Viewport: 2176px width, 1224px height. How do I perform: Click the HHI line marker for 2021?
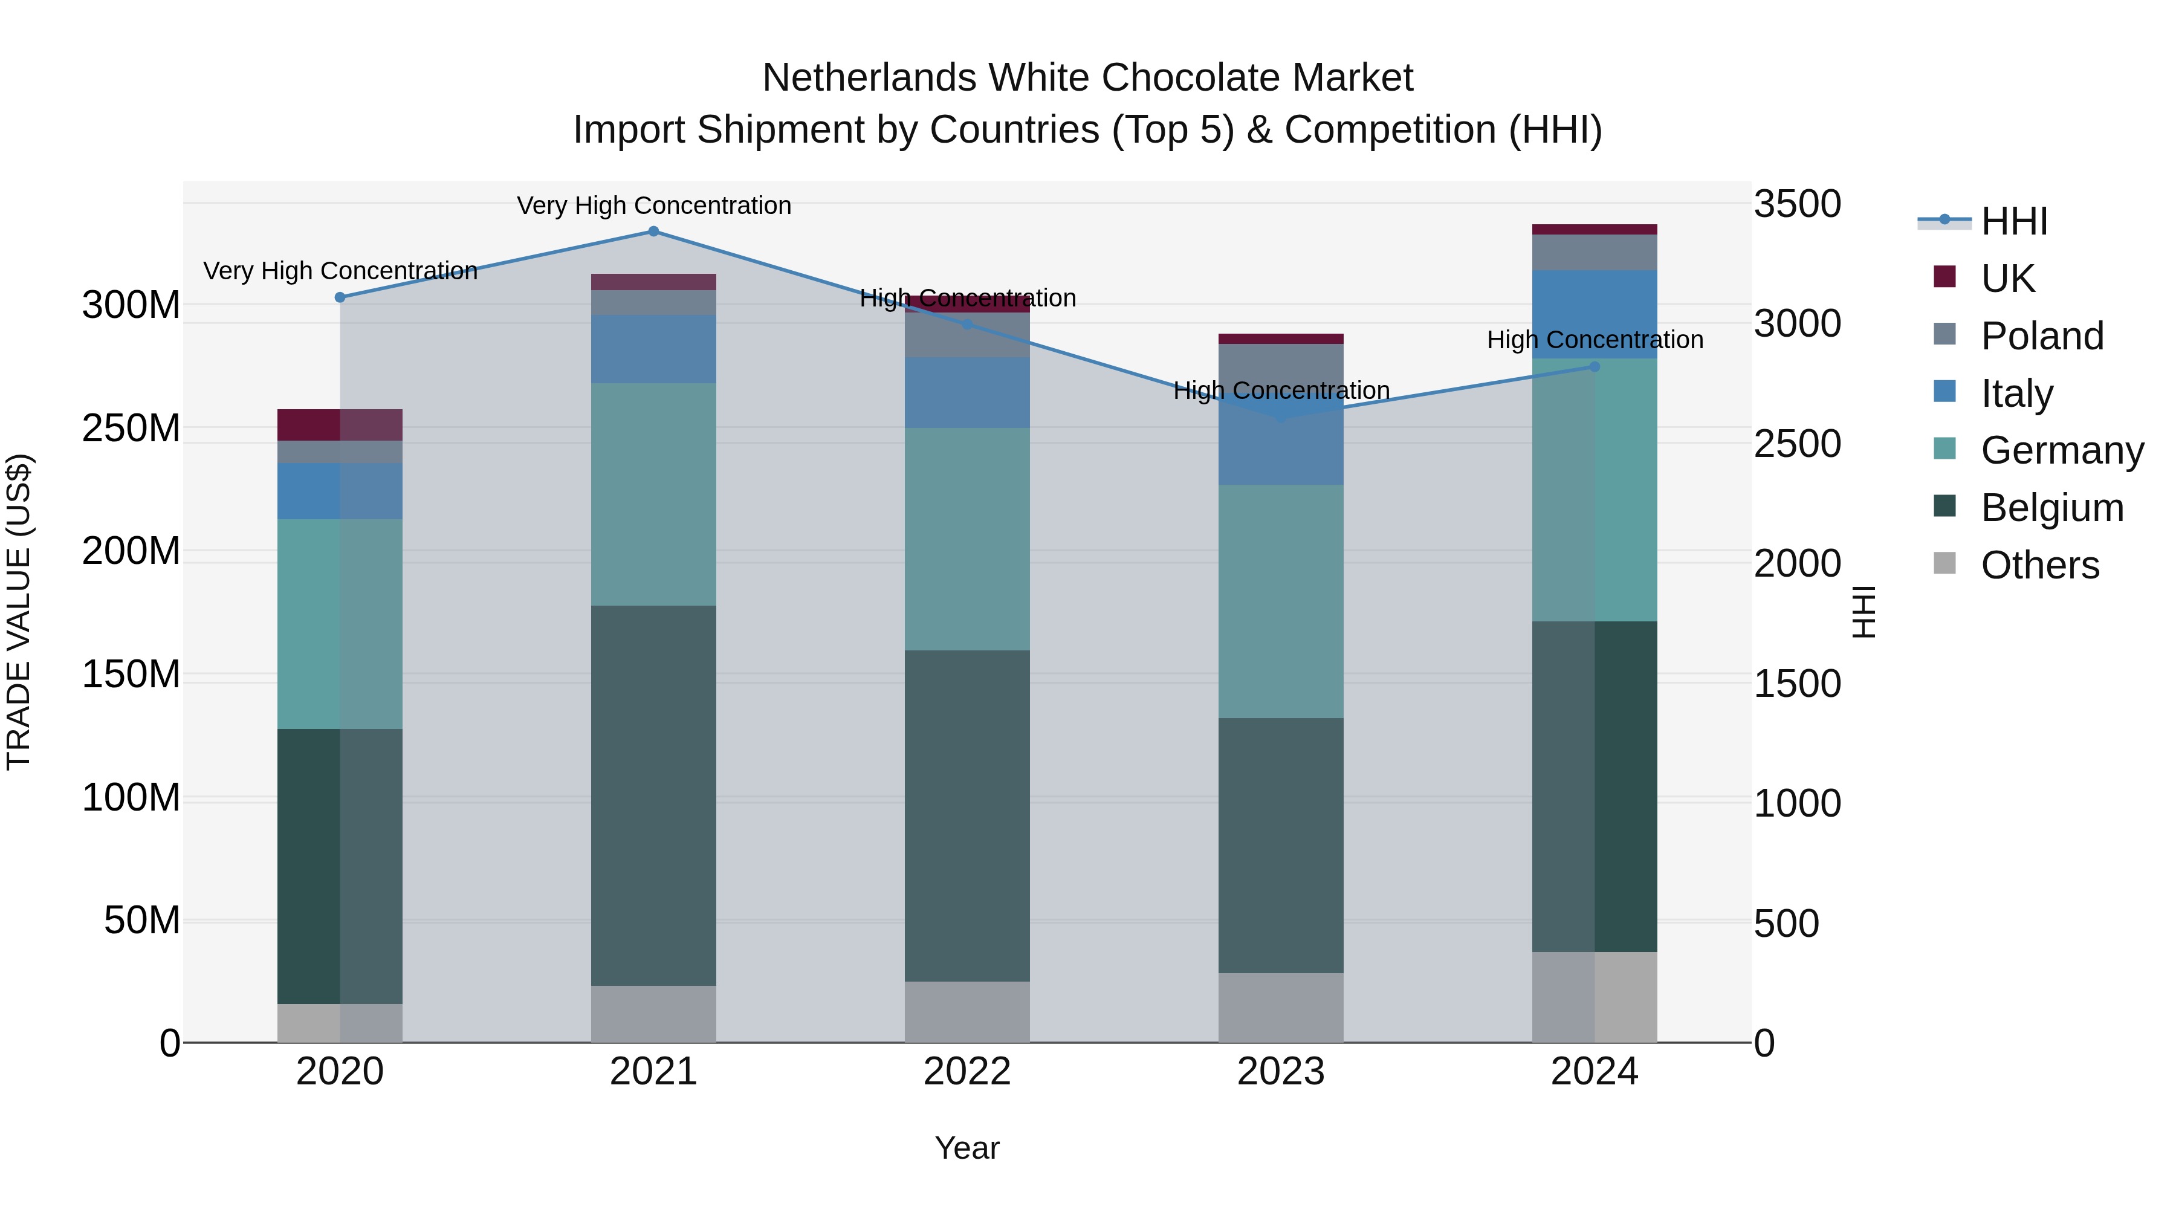click(x=653, y=232)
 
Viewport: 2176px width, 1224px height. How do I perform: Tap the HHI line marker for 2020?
click(x=340, y=297)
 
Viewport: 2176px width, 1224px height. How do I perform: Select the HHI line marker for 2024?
click(x=1594, y=367)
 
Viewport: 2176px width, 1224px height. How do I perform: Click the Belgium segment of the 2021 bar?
click(x=653, y=795)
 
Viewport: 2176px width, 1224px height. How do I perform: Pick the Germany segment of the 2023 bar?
click(x=1281, y=601)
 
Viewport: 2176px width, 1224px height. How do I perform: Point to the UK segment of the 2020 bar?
click(x=340, y=425)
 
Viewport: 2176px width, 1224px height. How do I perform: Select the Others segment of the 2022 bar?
click(x=967, y=1011)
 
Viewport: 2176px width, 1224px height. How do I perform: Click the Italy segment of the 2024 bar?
click(x=1594, y=314)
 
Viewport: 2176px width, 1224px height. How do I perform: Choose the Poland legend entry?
click(x=2042, y=336)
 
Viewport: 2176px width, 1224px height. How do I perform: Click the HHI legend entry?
click(x=2014, y=221)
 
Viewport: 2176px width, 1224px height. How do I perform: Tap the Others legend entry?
click(x=2039, y=565)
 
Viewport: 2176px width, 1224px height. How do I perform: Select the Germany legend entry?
click(x=2061, y=450)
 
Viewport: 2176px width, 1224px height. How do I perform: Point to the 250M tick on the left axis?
click(x=131, y=429)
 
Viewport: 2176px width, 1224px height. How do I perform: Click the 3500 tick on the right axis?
click(x=1797, y=204)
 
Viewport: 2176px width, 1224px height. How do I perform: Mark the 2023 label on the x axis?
click(x=1281, y=1072)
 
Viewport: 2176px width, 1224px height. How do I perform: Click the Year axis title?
click(x=967, y=1148)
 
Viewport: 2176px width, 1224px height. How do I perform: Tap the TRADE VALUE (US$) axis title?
click(x=19, y=612)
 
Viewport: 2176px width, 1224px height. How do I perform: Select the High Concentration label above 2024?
click(x=1594, y=340)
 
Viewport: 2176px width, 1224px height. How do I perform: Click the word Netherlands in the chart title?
click(x=871, y=78)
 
